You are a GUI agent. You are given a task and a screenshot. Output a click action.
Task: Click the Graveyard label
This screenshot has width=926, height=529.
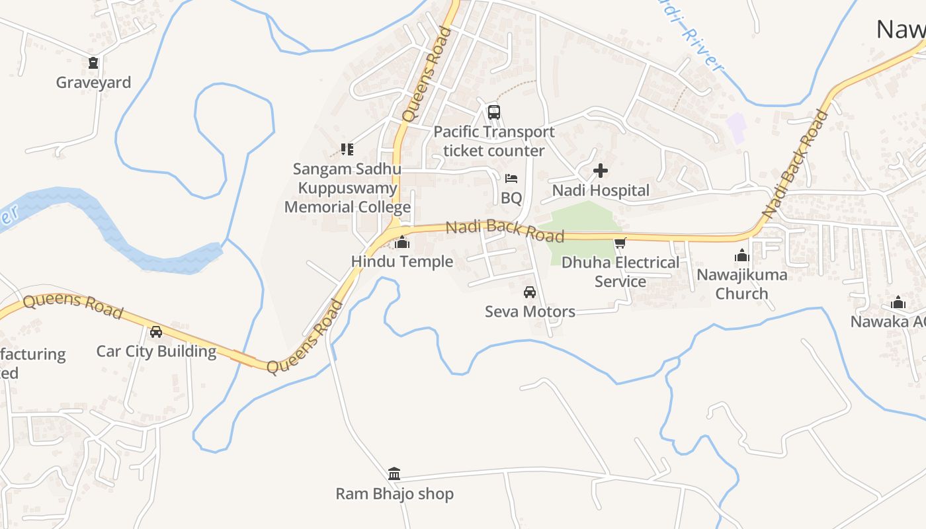click(93, 83)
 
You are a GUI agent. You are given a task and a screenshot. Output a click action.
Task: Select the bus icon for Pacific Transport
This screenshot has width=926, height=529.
click(494, 112)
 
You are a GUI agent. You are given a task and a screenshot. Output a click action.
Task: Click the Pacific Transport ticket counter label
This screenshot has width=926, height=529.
click(494, 142)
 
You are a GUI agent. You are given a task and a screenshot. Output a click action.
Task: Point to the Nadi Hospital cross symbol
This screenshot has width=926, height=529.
click(601, 171)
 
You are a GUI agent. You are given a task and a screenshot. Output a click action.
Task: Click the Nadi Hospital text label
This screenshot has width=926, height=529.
click(601, 190)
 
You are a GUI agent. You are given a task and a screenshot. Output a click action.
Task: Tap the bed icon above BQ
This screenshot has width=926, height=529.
click(511, 179)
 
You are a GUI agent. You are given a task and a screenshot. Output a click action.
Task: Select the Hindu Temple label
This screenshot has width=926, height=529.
click(402, 261)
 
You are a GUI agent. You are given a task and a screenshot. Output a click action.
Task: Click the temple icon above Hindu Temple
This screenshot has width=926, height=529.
click(401, 243)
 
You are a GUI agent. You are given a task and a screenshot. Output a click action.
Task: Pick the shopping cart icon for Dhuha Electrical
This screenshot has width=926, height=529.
click(620, 243)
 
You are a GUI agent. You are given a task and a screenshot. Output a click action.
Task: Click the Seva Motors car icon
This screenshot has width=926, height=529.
click(530, 292)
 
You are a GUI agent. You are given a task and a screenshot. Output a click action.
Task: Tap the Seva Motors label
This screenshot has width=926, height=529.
click(530, 311)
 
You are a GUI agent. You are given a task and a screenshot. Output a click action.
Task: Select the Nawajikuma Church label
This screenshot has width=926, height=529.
click(741, 284)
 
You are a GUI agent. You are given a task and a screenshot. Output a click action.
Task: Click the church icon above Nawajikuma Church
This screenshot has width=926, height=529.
click(742, 255)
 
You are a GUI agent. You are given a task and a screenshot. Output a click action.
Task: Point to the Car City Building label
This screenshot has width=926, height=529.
click(156, 351)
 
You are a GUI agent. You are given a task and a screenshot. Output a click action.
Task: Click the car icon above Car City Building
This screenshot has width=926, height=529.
click(156, 332)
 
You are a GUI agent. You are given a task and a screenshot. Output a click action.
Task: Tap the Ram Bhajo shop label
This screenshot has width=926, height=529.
click(394, 493)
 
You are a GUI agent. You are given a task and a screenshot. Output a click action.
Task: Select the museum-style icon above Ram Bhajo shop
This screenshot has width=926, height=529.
click(394, 473)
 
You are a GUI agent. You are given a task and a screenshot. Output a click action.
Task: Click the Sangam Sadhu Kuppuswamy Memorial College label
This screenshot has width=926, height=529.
click(348, 188)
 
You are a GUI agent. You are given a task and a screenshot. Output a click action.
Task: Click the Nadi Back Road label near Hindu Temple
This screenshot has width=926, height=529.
click(505, 230)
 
